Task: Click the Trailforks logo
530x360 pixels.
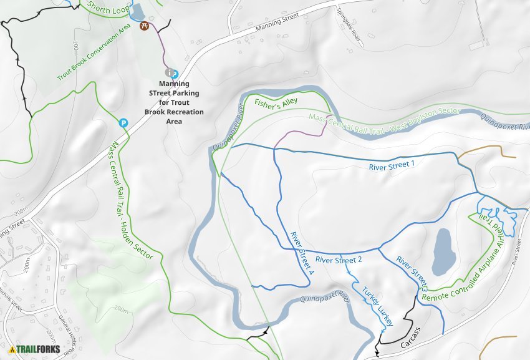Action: (x=35, y=349)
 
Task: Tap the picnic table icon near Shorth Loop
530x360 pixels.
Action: (x=145, y=27)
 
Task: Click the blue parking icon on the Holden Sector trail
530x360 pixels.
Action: (x=124, y=123)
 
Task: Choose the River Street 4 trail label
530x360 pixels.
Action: (x=302, y=252)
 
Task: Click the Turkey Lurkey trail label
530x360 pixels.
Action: (x=374, y=304)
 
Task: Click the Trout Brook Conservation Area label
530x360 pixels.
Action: (x=102, y=53)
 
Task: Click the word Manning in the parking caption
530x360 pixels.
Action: (x=174, y=84)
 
